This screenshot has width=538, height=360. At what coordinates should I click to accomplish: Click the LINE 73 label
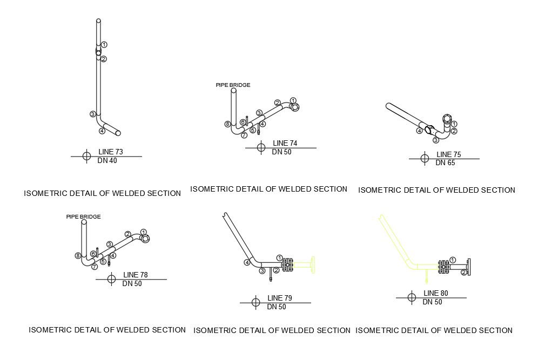[111, 152]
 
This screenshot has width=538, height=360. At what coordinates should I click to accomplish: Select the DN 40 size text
[107, 160]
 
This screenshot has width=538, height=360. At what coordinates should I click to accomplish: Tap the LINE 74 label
[285, 143]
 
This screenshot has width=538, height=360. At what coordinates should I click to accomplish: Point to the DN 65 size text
[446, 162]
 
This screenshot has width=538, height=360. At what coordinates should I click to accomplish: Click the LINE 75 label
[448, 154]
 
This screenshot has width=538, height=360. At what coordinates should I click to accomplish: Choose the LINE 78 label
[136, 275]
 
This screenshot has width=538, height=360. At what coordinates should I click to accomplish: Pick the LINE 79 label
[280, 298]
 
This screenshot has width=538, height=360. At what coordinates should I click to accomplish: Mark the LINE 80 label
[436, 293]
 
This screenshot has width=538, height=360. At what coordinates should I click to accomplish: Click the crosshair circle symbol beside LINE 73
[86, 157]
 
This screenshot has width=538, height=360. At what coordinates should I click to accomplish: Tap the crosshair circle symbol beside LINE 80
[412, 297]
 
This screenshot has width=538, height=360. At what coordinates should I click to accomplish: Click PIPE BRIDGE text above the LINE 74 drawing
[233, 85]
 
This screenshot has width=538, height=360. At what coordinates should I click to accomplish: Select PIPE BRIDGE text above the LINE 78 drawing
[83, 216]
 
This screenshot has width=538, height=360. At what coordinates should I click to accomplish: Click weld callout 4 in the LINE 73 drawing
[102, 131]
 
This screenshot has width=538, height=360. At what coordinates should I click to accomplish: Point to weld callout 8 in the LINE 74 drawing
[227, 124]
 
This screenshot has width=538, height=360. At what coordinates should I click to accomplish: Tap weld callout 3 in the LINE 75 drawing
[435, 140]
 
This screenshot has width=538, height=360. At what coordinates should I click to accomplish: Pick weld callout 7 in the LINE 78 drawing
[95, 267]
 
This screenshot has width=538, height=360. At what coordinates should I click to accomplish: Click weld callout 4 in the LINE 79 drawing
[246, 262]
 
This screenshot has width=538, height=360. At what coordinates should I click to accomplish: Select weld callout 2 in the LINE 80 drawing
[463, 273]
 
